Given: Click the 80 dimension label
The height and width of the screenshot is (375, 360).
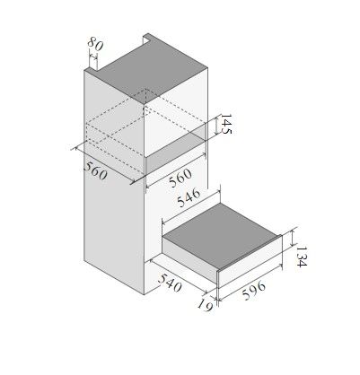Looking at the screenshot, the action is click(x=95, y=44).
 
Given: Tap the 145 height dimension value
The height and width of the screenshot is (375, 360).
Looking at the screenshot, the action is click(x=226, y=124).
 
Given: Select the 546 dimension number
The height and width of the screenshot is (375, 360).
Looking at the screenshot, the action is click(x=189, y=197).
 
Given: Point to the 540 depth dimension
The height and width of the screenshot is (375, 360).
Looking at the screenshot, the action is click(x=170, y=283).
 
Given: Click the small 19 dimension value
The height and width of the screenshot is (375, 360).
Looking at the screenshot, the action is click(x=205, y=305).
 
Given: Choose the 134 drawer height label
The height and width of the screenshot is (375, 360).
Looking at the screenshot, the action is click(x=302, y=257).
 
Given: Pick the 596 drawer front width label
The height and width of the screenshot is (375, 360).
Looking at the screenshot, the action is click(x=254, y=291).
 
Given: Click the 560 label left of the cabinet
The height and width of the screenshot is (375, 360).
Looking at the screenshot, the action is click(x=95, y=170).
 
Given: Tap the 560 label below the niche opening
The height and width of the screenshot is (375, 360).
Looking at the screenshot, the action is click(x=180, y=178).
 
